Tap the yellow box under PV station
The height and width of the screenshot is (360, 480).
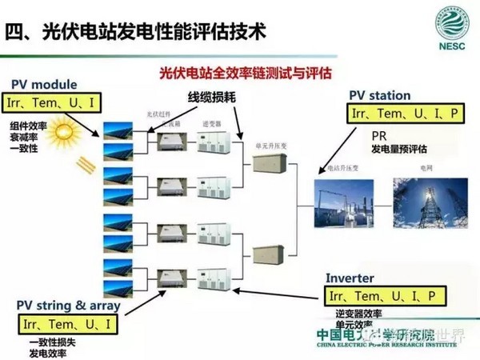406,114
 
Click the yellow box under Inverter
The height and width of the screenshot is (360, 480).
384,296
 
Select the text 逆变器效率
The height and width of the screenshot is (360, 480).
360,314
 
